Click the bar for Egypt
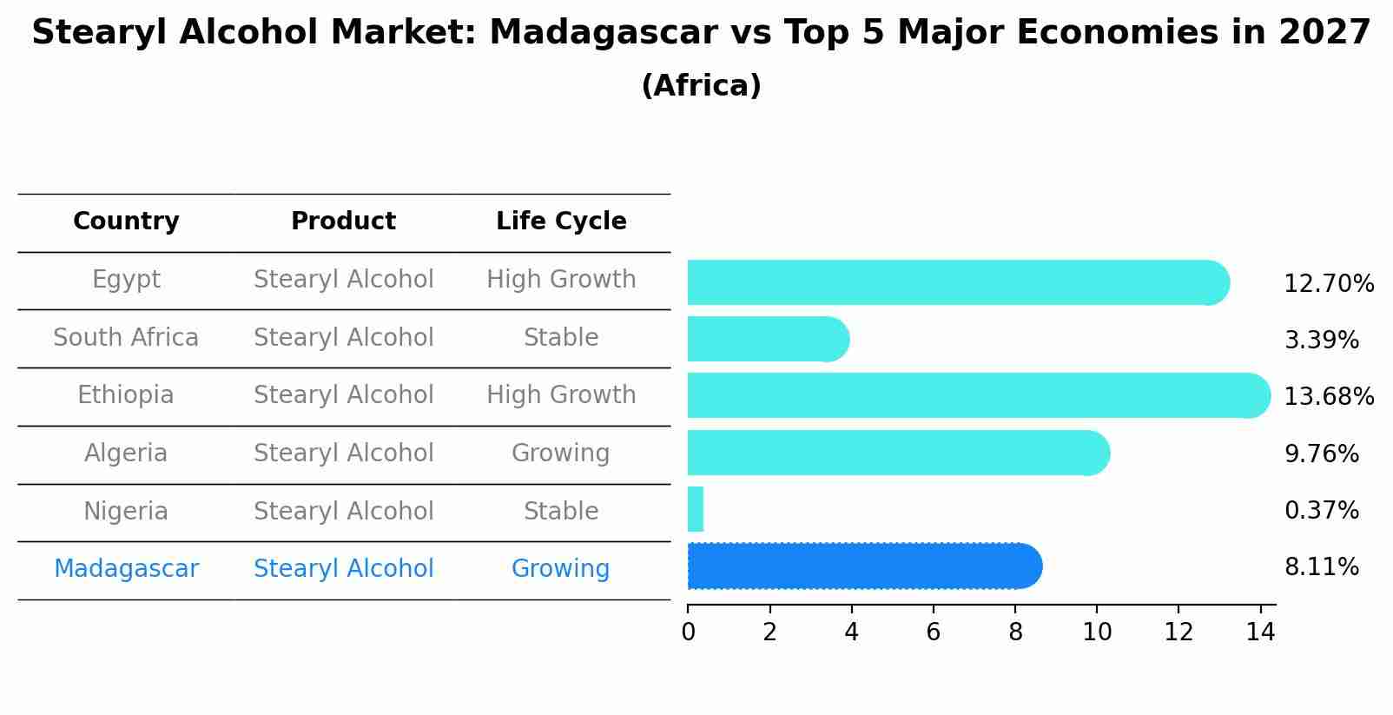pos(955,282)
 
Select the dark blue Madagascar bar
pos(864,566)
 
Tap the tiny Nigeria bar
pos(696,509)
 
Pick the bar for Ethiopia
pos(977,395)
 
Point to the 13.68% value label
pos(1328,397)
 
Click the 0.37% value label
pos(1321,511)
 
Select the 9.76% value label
pos(1321,454)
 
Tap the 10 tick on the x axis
pos(1097,632)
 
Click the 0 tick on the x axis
pos(688,632)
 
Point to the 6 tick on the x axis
pos(934,632)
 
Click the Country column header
pos(126,222)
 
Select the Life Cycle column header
pos(561,222)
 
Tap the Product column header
pos(343,222)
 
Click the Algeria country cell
pos(126,453)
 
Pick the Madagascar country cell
pos(126,569)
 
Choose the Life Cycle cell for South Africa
pos(561,338)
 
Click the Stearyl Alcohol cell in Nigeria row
pos(343,512)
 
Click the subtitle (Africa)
pos(701,86)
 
